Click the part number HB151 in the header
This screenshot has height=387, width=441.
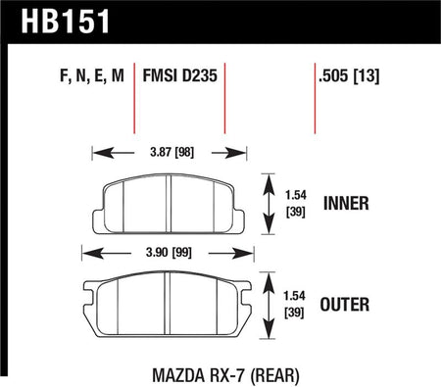point(65,22)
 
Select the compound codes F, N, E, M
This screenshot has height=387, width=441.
point(92,75)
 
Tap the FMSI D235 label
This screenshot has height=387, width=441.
point(180,75)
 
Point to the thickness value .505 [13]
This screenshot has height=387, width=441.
point(349,76)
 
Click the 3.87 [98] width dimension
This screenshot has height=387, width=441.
point(172,152)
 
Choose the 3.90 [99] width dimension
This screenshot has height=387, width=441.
point(169,253)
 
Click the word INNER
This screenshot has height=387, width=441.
point(346,203)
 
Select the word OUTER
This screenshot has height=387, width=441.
point(345,305)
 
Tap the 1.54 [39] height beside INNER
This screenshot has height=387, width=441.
point(296,204)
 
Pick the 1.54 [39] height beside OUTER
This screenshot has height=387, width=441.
point(294,305)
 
